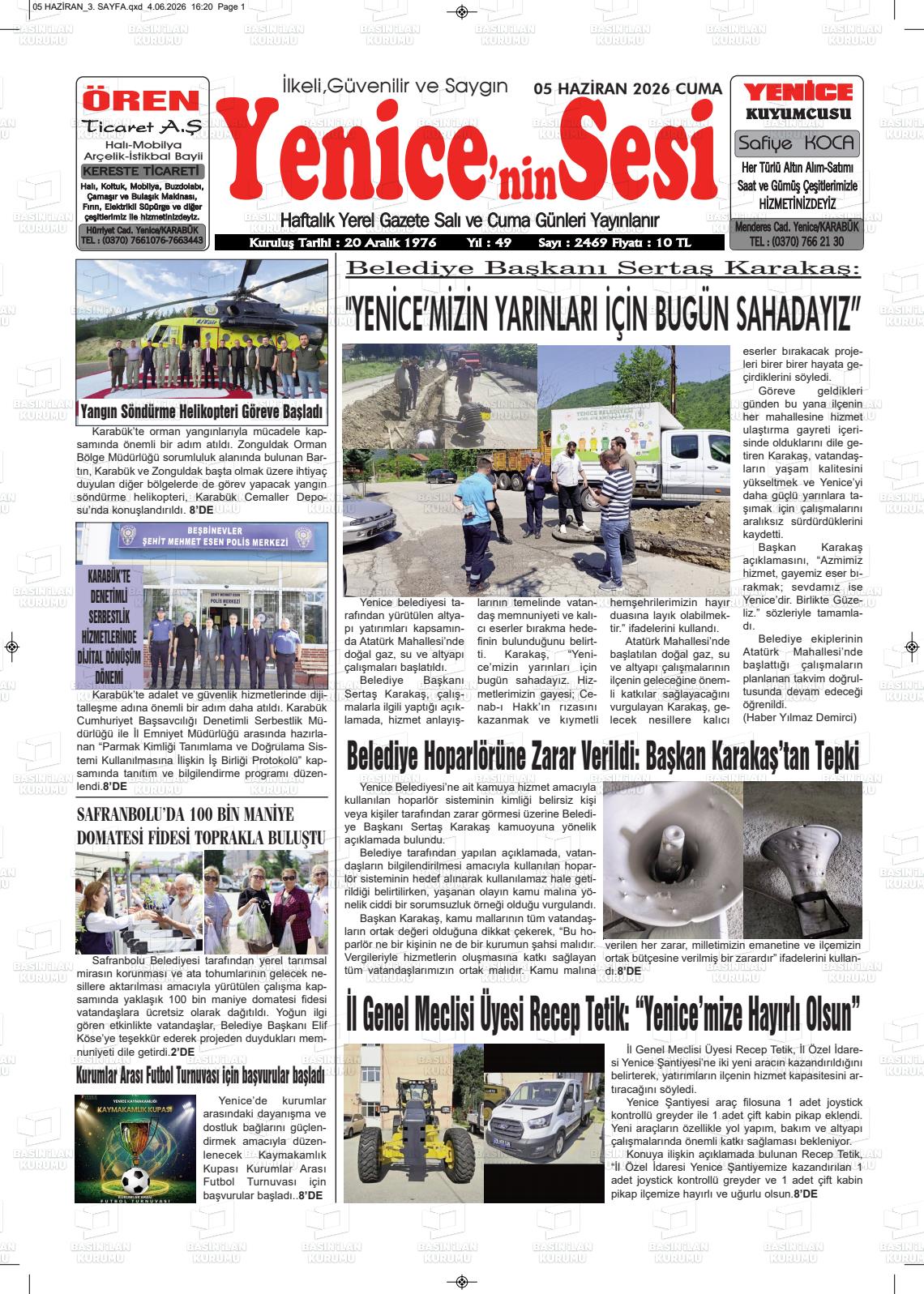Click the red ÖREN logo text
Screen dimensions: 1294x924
tap(142, 100)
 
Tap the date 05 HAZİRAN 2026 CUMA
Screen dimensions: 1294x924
tap(627, 89)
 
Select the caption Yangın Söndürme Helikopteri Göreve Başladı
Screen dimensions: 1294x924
tap(202, 412)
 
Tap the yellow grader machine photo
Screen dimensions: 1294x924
tap(412, 1125)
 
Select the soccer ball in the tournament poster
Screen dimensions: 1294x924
tap(136, 1177)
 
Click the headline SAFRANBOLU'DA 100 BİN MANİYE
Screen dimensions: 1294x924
tap(186, 814)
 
